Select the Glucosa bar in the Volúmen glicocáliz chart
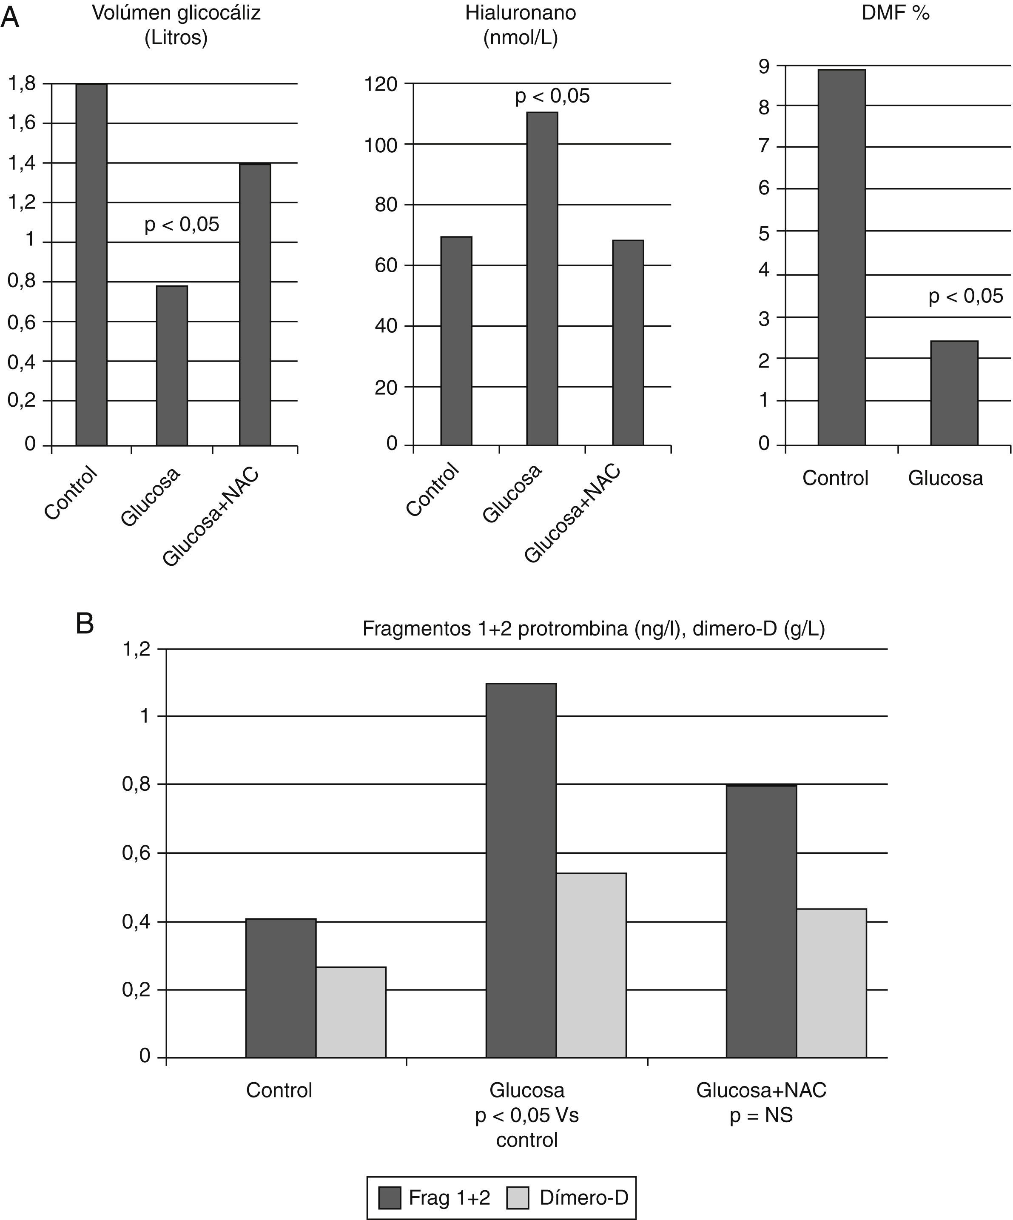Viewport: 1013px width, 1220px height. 172,365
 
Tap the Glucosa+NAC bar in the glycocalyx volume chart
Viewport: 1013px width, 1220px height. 255,305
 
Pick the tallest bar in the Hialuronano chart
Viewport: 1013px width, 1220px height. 542,279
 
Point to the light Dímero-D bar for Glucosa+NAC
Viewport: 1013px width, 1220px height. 831,982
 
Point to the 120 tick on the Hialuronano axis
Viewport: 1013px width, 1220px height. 381,84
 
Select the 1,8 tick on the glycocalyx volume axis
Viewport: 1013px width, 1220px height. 22,84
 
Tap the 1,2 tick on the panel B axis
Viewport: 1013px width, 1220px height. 136,649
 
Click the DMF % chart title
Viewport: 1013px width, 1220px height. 895,13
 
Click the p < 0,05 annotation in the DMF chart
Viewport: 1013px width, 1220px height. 965,296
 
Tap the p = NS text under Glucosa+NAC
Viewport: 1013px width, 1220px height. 761,1115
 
